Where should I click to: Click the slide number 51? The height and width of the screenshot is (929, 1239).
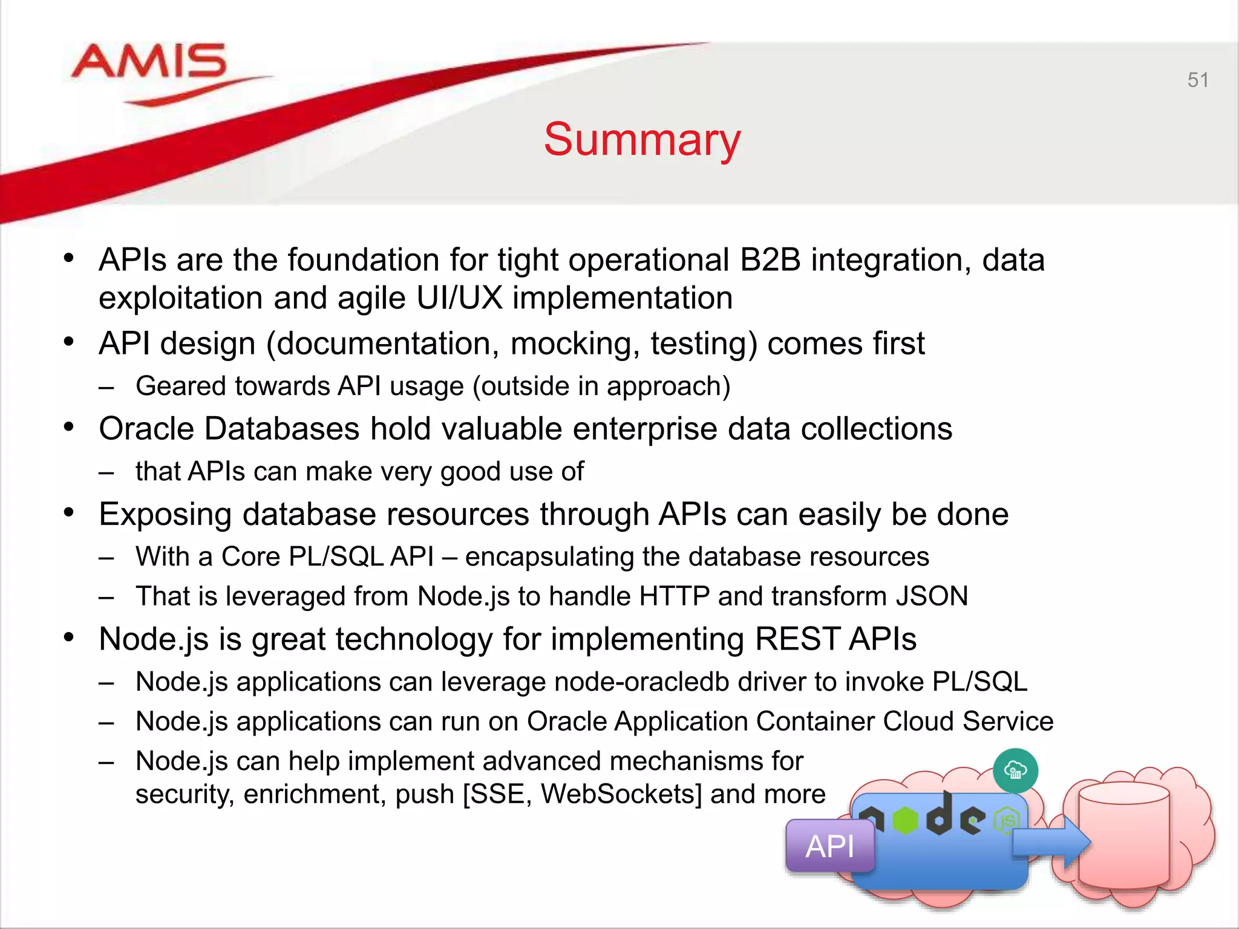pos(1197,80)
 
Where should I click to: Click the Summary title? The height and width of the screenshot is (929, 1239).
pos(642,140)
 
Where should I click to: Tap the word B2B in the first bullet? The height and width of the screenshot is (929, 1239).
pos(770,260)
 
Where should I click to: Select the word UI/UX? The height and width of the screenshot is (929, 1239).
pos(459,298)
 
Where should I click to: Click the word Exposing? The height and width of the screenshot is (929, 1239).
pos(165,515)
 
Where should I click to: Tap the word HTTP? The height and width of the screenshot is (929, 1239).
pos(674,596)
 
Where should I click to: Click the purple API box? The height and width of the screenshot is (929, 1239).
pos(830,846)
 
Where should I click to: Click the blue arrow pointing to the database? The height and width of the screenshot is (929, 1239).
pos(1051,841)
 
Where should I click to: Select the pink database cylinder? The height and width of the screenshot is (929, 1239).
pos(1123,838)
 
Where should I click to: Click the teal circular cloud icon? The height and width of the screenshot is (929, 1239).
pos(1015,771)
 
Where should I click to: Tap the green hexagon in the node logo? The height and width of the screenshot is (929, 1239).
pos(905,820)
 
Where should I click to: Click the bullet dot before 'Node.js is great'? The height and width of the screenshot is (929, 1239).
pos(69,637)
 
